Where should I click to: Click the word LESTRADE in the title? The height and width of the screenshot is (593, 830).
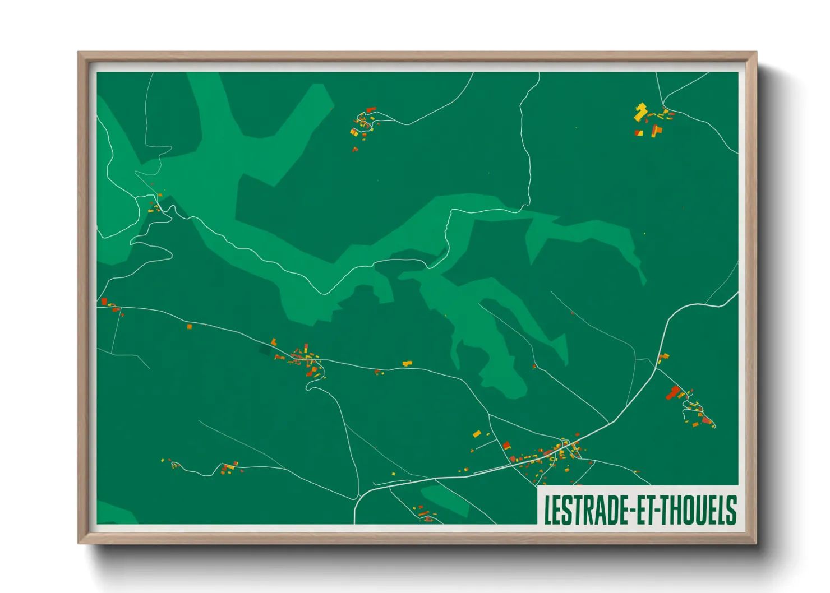(x=587, y=509)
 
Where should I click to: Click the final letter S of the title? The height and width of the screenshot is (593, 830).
(x=730, y=509)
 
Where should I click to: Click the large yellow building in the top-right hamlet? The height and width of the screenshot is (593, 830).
(x=640, y=112)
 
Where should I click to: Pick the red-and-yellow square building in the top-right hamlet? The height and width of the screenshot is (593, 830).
(x=638, y=133)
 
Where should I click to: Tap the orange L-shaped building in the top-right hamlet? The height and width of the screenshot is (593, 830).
(x=656, y=131)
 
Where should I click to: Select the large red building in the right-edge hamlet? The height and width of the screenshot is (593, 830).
(x=673, y=392)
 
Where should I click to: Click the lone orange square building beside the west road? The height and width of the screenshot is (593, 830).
(x=189, y=326)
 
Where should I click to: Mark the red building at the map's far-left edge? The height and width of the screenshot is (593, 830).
(x=104, y=302)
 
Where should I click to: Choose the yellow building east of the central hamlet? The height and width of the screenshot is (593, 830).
(x=407, y=364)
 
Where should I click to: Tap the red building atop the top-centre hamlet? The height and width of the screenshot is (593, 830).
(x=370, y=110)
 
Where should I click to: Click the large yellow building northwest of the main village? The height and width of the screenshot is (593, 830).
(x=477, y=433)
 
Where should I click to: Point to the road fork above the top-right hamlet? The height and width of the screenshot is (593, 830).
(x=664, y=105)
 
